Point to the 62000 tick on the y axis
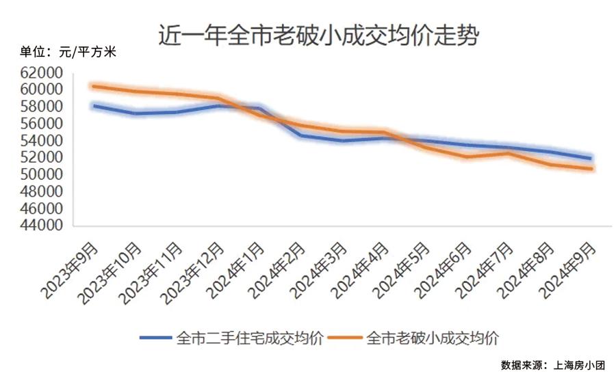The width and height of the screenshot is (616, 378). click(42, 72)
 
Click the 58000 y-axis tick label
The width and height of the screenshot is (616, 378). click(42, 107)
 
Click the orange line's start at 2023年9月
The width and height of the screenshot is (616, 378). click(94, 86)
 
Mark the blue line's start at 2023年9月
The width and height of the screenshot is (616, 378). click(94, 106)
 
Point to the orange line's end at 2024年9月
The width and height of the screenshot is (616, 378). click(591, 169)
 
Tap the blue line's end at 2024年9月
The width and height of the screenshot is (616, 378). click(591, 159)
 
